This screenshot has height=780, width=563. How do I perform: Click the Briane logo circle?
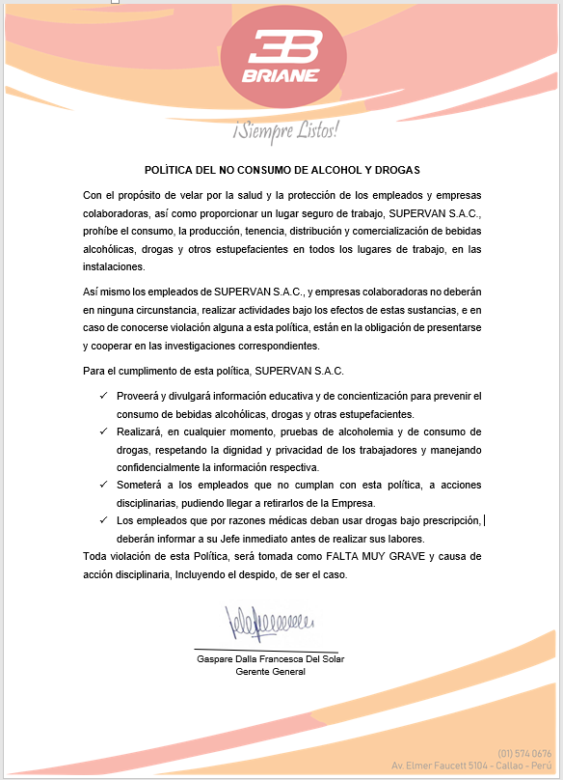click(280, 57)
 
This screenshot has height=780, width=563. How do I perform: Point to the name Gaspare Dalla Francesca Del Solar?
click(270, 658)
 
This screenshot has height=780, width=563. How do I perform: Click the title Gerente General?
click(270, 672)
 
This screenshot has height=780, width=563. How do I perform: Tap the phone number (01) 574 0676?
click(524, 753)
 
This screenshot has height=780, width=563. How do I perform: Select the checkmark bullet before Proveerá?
click(103, 397)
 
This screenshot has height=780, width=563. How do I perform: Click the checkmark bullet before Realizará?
click(103, 432)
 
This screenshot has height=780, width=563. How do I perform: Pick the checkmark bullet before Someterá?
click(103, 486)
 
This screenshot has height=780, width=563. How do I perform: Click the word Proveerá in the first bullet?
click(137, 397)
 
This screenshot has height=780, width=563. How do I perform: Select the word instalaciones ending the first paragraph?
click(114, 268)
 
